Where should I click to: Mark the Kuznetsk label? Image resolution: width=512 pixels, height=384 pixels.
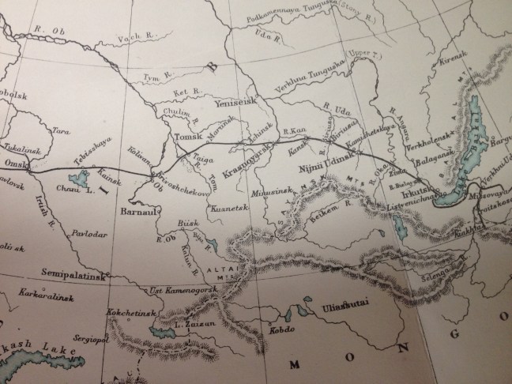coord(229,209)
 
